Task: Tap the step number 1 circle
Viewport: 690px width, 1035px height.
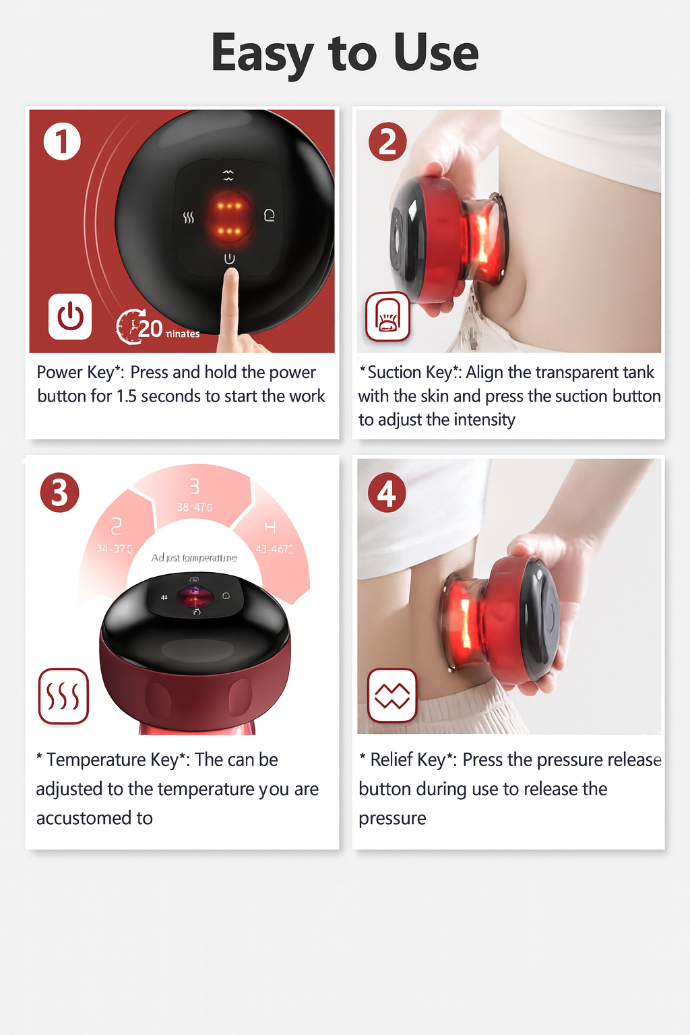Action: tap(62, 142)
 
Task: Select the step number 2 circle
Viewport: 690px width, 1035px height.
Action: tap(387, 142)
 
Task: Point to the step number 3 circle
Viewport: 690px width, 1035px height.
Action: tap(59, 493)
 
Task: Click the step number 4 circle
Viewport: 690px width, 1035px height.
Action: tap(387, 493)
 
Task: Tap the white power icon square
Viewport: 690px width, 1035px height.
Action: tap(70, 316)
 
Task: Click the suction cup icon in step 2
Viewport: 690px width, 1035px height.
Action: tap(387, 316)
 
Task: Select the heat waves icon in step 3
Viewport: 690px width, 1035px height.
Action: tap(63, 696)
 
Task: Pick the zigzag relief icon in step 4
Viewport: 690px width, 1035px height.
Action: tap(392, 695)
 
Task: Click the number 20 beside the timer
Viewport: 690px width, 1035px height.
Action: tap(150, 329)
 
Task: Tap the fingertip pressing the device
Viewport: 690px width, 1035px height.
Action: tap(230, 278)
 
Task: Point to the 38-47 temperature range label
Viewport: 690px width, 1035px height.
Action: tap(195, 507)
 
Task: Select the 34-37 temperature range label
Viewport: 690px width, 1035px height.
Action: tap(115, 548)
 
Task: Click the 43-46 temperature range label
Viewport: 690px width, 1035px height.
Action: tap(274, 549)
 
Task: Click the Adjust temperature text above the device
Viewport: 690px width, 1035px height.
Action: tap(194, 558)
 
